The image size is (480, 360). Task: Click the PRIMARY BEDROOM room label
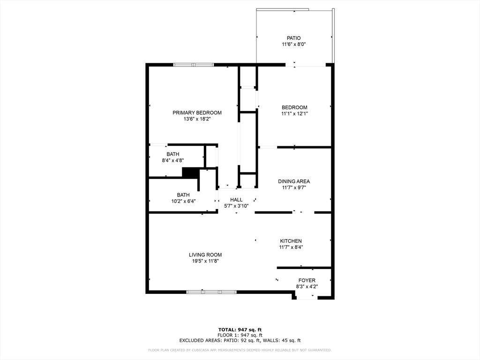197,112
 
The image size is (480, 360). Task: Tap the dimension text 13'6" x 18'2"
197,120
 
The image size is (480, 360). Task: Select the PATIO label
293,38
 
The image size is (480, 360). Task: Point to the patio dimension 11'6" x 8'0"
293,45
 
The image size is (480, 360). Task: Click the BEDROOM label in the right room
294,107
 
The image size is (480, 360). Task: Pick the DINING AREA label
294,181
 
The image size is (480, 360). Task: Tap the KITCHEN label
291,241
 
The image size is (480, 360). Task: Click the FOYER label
307,280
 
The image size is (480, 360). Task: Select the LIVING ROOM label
205,255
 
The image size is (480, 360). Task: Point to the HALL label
236,200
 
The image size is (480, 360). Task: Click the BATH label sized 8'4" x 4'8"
172,154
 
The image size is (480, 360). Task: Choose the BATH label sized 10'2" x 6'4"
183,195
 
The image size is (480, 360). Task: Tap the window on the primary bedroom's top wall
193,65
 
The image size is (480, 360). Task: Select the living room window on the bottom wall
211,292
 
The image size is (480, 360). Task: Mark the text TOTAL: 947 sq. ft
240,330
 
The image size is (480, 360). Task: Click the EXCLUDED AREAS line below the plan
240,341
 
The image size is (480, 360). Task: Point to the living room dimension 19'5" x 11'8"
205,262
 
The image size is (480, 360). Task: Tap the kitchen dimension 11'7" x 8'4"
291,247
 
